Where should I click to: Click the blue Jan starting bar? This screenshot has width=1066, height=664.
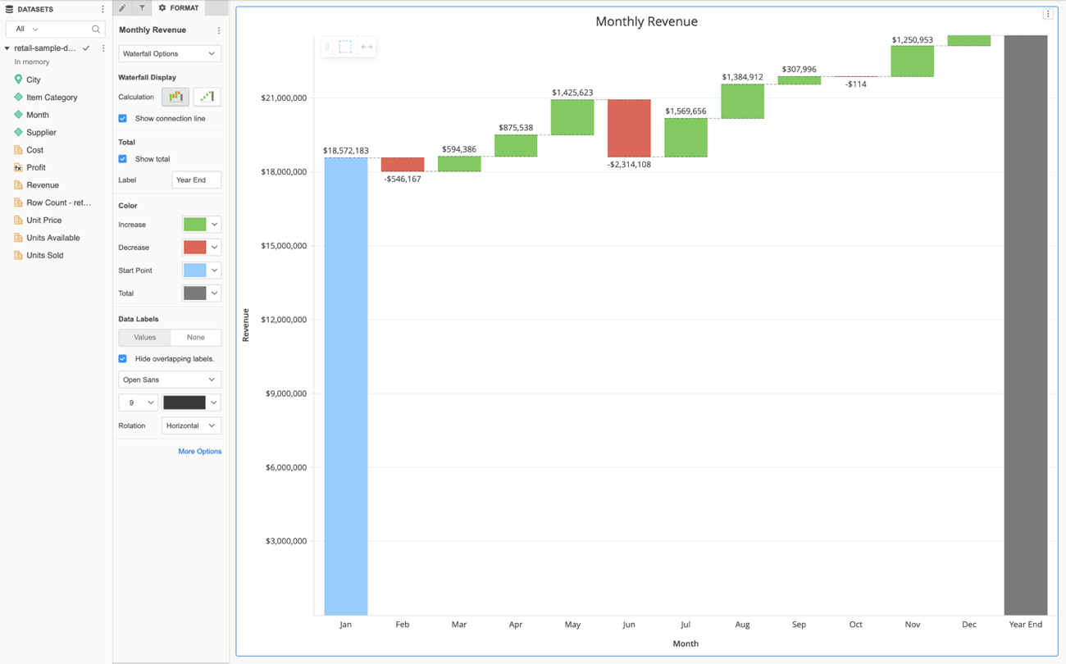[x=345, y=385]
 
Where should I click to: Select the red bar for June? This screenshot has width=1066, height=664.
[x=629, y=128]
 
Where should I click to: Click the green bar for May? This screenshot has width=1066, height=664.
[x=572, y=117]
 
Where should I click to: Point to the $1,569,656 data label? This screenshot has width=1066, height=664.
[x=686, y=111]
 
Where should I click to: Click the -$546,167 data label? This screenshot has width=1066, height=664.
[x=403, y=179]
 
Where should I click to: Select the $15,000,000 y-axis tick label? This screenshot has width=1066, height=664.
[x=284, y=246]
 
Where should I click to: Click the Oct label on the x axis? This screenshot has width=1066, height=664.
[x=855, y=625]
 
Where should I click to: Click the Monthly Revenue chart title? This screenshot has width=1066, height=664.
[x=646, y=21]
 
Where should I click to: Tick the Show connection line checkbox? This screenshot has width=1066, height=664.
[x=123, y=119]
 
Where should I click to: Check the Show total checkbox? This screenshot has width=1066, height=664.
[x=123, y=159]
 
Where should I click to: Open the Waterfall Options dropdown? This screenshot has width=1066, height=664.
[x=169, y=54]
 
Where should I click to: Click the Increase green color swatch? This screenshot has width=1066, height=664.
[x=195, y=225]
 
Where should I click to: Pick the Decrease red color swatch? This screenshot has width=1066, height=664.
[x=195, y=248]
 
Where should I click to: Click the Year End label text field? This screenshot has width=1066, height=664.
[x=196, y=180]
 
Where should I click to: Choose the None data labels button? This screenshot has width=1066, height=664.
[x=195, y=338]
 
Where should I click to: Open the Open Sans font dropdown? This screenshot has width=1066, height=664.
[x=169, y=380]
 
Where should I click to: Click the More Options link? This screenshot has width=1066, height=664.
[x=199, y=452]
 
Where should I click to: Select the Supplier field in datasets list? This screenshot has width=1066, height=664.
[x=41, y=132]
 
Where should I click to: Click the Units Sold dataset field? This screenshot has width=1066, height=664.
[x=44, y=255]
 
